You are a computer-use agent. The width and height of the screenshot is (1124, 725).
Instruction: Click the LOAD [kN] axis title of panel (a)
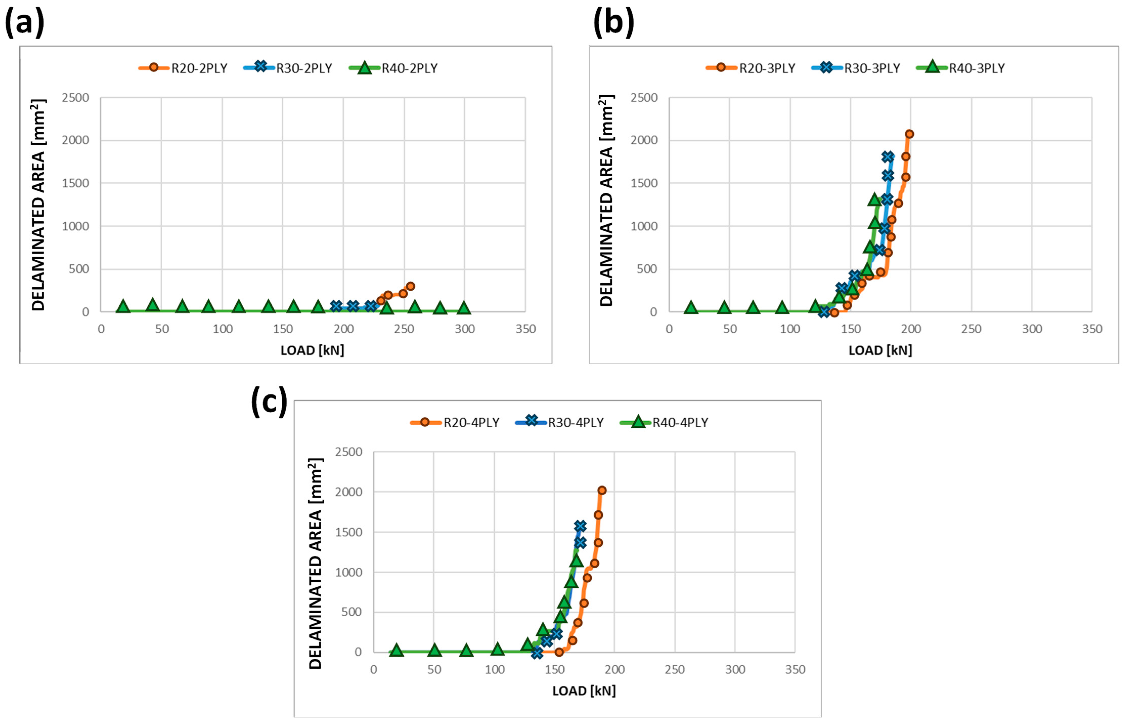[x=312, y=350]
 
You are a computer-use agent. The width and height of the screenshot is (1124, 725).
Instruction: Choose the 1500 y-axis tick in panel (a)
[x=75, y=183]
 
